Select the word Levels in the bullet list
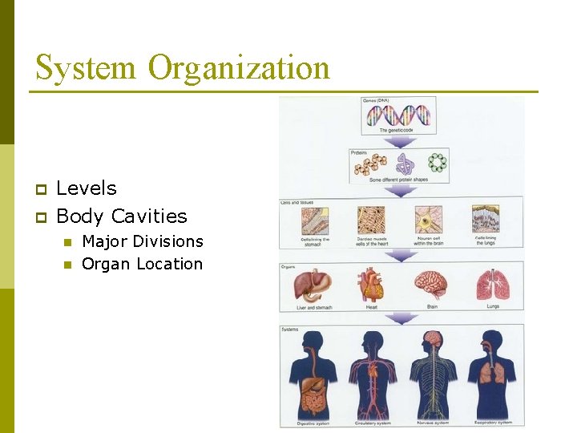(x=87, y=188)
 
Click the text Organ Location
(x=143, y=264)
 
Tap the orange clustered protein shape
(x=371, y=164)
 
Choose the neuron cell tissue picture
(x=430, y=221)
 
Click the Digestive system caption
(x=313, y=423)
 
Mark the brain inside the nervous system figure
(x=434, y=339)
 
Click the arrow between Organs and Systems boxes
(x=401, y=318)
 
